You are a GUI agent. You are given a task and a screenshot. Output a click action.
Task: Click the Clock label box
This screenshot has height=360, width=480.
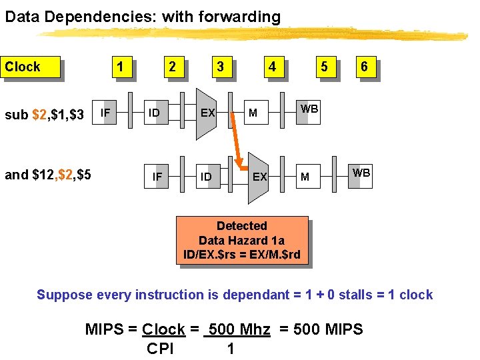point(31,67)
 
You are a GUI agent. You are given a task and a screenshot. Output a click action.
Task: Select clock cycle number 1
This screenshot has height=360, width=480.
point(120,67)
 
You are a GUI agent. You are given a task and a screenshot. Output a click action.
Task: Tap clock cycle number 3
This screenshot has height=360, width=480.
point(220,67)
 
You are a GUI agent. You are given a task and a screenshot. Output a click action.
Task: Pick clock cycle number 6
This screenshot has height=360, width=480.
point(364,67)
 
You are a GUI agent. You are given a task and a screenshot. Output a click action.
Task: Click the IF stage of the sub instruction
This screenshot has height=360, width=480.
point(105,113)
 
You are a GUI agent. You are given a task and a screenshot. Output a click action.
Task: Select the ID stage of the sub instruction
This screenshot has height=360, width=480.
point(154,113)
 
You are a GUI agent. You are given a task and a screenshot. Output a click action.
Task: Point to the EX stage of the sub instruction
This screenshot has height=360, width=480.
point(207,113)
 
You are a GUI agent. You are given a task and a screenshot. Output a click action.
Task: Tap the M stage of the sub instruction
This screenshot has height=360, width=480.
point(253,113)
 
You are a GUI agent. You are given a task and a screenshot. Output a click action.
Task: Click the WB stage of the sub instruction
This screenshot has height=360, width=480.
point(309,109)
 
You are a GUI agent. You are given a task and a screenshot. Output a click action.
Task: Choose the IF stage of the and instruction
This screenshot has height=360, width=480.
point(157,177)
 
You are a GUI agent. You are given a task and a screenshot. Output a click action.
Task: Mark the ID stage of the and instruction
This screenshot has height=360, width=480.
point(206,177)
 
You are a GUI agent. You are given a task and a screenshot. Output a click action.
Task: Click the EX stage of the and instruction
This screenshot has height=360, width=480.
point(259,177)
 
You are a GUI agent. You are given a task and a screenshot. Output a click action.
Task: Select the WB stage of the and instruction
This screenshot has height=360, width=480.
point(361,173)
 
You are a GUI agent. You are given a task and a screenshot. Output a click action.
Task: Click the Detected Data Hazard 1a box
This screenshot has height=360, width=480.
point(242,240)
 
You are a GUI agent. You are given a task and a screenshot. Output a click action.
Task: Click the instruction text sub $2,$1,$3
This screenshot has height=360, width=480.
point(44,115)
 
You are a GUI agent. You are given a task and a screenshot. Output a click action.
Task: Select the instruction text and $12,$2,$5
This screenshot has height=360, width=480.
point(48,175)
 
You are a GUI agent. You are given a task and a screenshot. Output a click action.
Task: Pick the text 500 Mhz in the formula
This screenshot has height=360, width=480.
point(239,329)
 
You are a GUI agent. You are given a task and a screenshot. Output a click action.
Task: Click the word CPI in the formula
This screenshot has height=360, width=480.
point(160,349)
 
